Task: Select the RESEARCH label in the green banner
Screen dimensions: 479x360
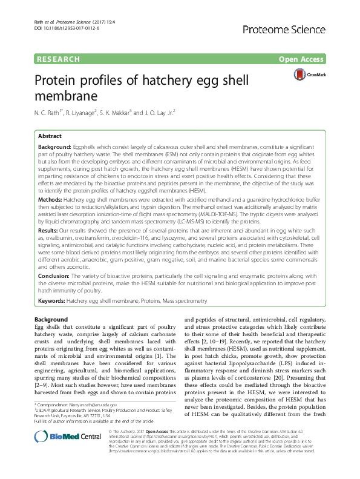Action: [x=59, y=59]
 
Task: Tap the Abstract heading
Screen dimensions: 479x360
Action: [x=50, y=137]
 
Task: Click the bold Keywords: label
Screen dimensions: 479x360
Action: [x=52, y=300]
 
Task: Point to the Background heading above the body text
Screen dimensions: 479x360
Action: [x=51, y=319]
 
